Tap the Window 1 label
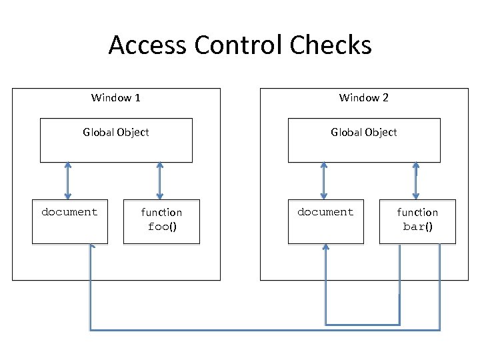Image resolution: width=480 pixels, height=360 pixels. (x=115, y=98)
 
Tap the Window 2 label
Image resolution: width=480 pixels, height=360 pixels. (x=363, y=98)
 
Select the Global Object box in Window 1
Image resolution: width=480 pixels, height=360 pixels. (x=116, y=140)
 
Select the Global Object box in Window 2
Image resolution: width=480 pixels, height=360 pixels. (x=364, y=140)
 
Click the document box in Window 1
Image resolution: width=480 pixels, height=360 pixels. (x=69, y=221)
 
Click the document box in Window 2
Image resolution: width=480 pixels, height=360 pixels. (x=325, y=221)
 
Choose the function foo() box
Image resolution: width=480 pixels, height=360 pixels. (x=161, y=221)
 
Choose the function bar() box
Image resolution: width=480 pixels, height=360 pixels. (x=417, y=221)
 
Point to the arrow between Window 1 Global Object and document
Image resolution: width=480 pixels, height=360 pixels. (x=67, y=181)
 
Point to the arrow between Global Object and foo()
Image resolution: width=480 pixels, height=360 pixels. (x=159, y=181)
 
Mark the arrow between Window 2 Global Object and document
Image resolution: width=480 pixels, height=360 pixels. (x=323, y=181)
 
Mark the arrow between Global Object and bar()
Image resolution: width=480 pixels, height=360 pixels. (x=415, y=181)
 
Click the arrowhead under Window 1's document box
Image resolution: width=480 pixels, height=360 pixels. (x=91, y=247)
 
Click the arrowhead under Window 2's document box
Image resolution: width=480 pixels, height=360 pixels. (x=326, y=247)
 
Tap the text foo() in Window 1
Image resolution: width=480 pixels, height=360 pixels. (x=162, y=227)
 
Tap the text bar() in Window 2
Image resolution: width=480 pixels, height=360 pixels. (x=418, y=227)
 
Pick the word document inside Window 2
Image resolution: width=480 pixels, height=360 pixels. (x=325, y=212)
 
